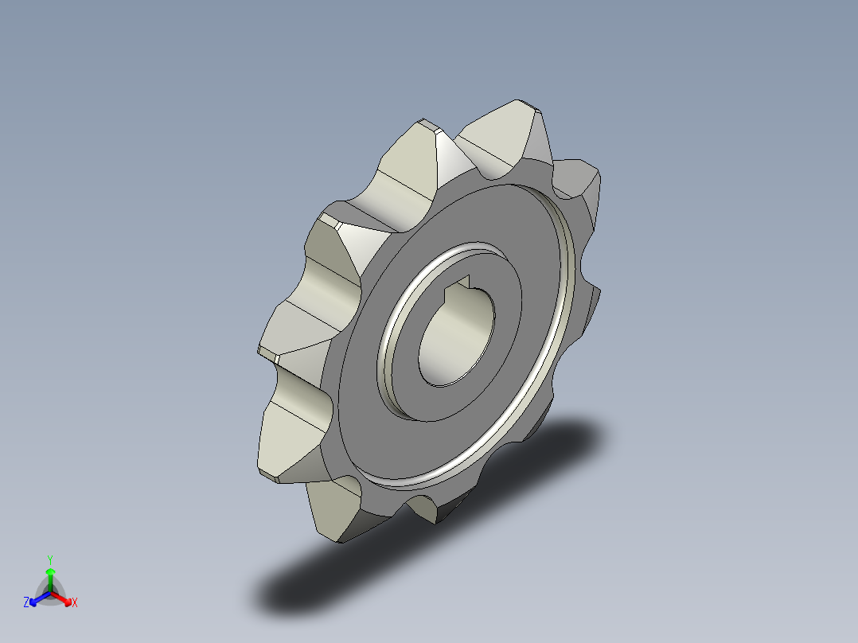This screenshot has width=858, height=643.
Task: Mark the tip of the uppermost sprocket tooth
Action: [521, 105]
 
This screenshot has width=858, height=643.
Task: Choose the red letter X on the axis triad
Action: [75, 603]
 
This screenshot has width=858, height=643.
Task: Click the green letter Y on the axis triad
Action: [49, 559]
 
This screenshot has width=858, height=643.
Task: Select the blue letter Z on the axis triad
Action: [26, 603]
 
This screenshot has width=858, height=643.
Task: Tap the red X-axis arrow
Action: [64, 598]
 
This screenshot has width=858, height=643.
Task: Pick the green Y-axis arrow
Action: [50, 577]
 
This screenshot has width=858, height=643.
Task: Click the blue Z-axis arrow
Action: [37, 598]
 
